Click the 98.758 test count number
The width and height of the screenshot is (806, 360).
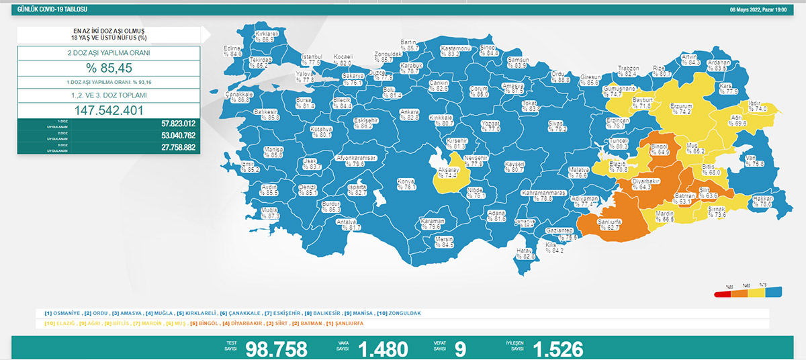tap(277, 349)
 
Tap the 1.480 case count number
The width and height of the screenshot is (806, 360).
tap(383, 349)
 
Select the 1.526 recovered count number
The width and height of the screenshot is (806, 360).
tap(557, 349)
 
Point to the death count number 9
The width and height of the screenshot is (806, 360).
tap(460, 349)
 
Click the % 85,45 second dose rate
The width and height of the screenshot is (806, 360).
tap(108, 67)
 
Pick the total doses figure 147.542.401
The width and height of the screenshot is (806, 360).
tap(108, 109)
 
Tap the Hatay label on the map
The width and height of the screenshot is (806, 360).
tap(524, 253)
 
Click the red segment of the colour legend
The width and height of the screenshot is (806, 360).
tap(723, 292)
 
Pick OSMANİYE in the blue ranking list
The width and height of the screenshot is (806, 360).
tap(65, 313)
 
